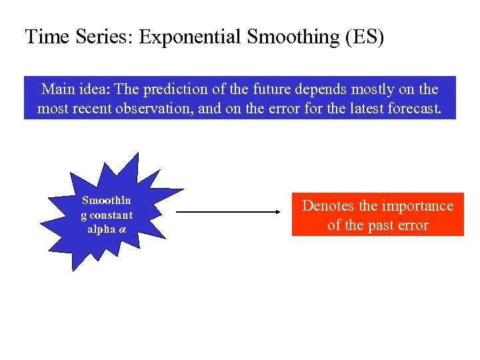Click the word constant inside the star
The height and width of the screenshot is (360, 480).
110,215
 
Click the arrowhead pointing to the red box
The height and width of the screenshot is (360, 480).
277,213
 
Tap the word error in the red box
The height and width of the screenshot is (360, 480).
414,225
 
